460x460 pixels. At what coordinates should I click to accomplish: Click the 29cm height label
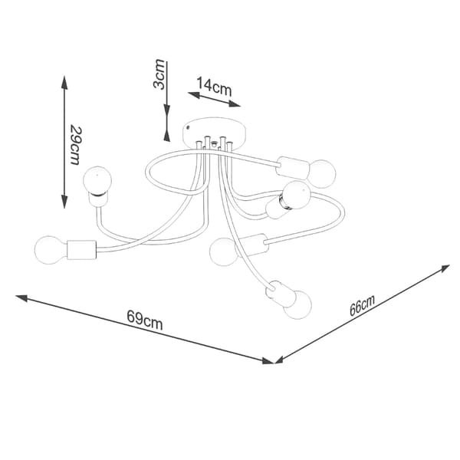click(75, 146)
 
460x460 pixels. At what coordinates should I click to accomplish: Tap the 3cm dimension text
click(159, 74)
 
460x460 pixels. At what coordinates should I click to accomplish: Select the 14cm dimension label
click(214, 86)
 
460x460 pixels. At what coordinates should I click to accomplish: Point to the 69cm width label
click(145, 320)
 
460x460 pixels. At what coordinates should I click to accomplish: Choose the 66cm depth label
click(362, 306)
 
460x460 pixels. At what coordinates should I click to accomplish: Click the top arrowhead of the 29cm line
click(64, 83)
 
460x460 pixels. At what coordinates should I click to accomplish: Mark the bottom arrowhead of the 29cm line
click(64, 202)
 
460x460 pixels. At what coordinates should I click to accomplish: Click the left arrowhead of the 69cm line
click(21, 298)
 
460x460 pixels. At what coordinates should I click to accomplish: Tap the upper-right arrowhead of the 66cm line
click(444, 268)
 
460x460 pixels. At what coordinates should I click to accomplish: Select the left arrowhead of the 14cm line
click(194, 95)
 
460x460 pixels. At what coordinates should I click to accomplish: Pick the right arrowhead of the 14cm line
click(235, 103)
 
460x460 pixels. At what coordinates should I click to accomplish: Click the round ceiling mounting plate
click(214, 130)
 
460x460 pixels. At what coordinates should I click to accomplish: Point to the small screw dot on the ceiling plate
click(188, 127)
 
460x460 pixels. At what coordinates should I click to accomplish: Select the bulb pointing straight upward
click(97, 180)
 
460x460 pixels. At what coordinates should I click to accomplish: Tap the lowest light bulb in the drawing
click(297, 304)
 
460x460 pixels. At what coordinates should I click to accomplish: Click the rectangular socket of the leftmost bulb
click(81, 250)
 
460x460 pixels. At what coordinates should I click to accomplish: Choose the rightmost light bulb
click(321, 174)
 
